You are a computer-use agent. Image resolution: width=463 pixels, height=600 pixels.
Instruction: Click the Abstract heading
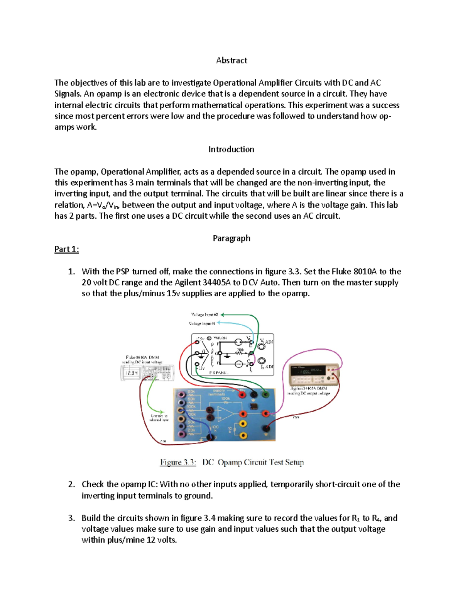click(231, 61)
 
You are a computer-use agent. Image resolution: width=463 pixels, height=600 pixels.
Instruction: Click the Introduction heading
click(231, 150)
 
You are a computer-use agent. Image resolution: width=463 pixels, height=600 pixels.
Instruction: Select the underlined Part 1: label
click(66, 249)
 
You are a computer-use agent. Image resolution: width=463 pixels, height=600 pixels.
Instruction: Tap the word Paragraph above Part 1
click(231, 238)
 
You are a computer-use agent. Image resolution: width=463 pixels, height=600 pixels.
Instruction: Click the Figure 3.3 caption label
click(178, 462)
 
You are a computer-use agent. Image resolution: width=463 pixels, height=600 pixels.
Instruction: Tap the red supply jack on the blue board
click(242, 394)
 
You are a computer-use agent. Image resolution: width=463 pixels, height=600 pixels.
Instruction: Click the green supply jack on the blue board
click(265, 394)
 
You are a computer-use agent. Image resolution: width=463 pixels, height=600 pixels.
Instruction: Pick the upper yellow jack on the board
click(243, 424)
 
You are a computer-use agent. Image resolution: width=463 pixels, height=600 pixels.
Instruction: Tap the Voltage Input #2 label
click(205, 315)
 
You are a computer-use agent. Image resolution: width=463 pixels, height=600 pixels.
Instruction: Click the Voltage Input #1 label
click(202, 323)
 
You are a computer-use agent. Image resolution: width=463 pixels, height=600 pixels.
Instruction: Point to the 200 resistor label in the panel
click(240, 350)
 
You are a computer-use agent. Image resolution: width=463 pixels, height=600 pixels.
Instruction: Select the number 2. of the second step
click(71, 484)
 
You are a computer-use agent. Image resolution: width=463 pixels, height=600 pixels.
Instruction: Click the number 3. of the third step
click(71, 518)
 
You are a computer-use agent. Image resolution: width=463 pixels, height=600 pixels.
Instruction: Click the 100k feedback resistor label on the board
click(225, 399)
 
